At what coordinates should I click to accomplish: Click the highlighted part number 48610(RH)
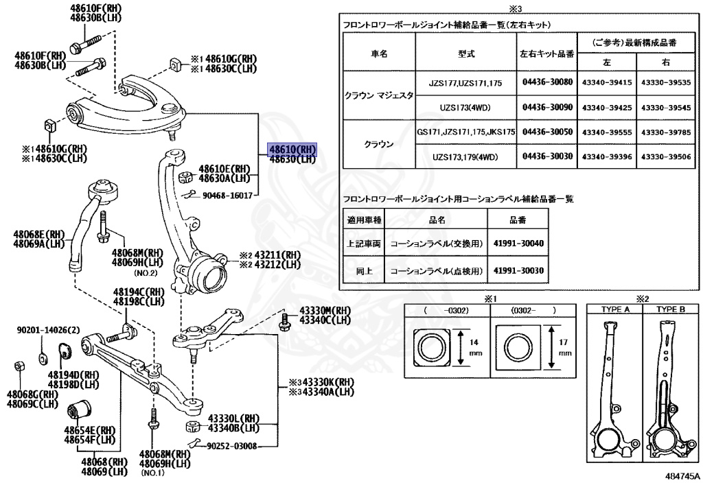point(292,149)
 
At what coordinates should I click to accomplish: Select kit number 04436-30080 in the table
point(546,82)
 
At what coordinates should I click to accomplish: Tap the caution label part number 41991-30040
point(518,244)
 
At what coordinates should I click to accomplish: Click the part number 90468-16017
point(228,196)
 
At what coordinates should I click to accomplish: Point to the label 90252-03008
point(232,446)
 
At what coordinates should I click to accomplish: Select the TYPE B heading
point(669,309)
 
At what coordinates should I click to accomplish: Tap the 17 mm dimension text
point(564,347)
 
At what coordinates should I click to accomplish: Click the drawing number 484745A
point(682,475)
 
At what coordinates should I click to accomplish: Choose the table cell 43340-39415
point(606,82)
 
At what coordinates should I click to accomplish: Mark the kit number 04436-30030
point(546,156)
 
